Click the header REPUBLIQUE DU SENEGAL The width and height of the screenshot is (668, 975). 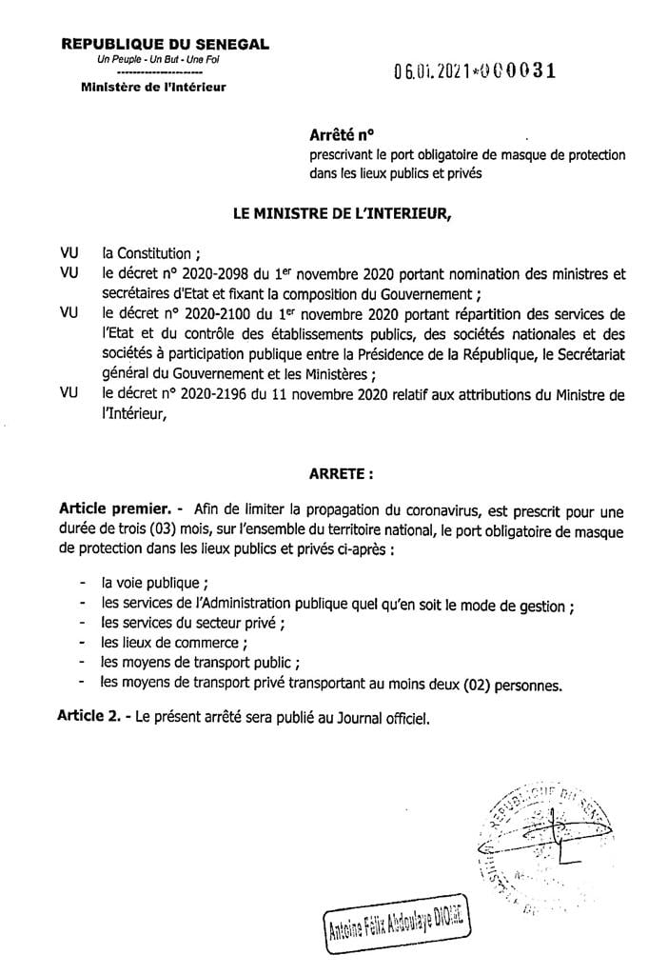pyautogui.click(x=164, y=44)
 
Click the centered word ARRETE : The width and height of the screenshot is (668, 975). pyautogui.click(x=342, y=471)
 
